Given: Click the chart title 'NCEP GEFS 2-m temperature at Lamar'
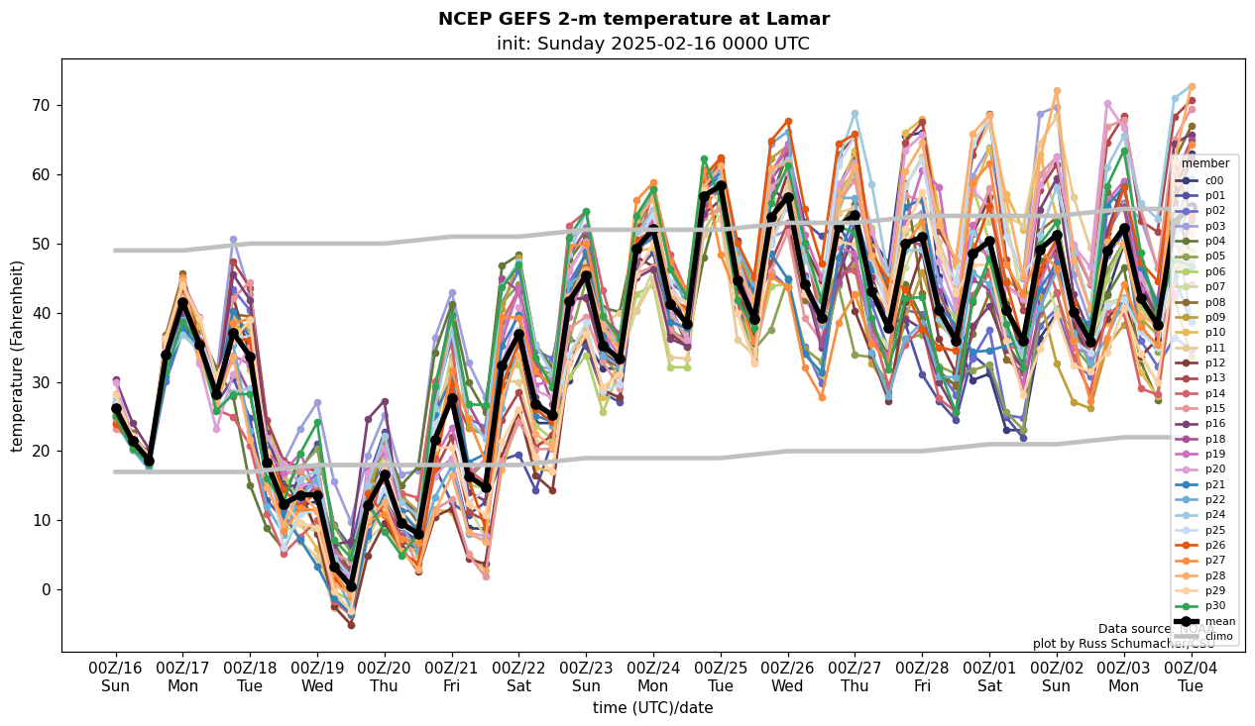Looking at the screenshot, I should point(633,19).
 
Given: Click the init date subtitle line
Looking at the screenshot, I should point(652,44).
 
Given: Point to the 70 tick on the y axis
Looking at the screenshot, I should point(43,106).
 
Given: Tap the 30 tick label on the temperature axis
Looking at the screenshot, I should point(43,382).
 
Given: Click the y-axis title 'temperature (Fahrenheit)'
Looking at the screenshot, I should point(18,356).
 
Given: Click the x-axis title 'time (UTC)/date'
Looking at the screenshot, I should point(652,708).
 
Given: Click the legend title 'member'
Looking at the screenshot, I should point(1204,163).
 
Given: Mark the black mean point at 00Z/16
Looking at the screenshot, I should point(116,408).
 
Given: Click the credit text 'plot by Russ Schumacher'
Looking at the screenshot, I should point(1110,644).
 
